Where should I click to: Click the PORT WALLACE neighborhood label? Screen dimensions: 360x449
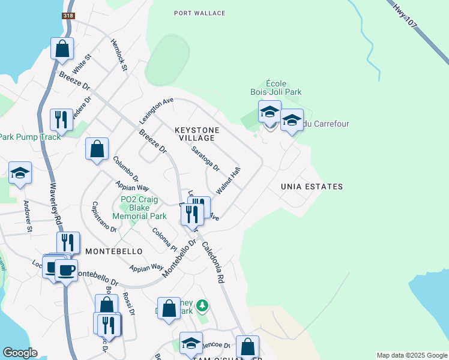coord(199,13)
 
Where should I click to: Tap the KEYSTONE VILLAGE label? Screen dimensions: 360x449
coord(197,134)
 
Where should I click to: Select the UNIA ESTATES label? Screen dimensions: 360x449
coord(312,187)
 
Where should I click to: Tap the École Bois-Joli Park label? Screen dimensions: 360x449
coord(276,88)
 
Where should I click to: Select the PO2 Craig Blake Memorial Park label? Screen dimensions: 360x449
coord(143,208)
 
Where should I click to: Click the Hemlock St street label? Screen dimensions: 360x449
coord(119,55)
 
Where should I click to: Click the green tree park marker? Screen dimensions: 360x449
coord(203,305)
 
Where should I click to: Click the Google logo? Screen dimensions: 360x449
coord(19,353)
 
